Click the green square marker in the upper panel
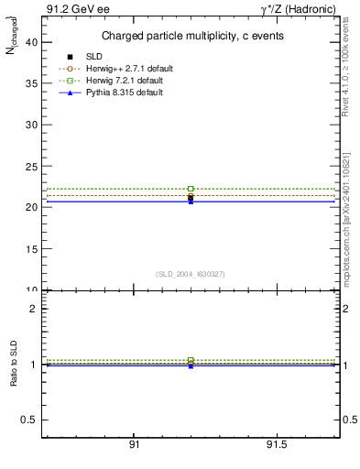(x=191, y=189)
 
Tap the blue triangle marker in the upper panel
(x=191, y=201)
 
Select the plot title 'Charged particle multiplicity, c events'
(x=191, y=36)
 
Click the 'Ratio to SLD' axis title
(x=14, y=364)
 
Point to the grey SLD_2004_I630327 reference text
(x=191, y=273)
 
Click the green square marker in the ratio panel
(x=191, y=360)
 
